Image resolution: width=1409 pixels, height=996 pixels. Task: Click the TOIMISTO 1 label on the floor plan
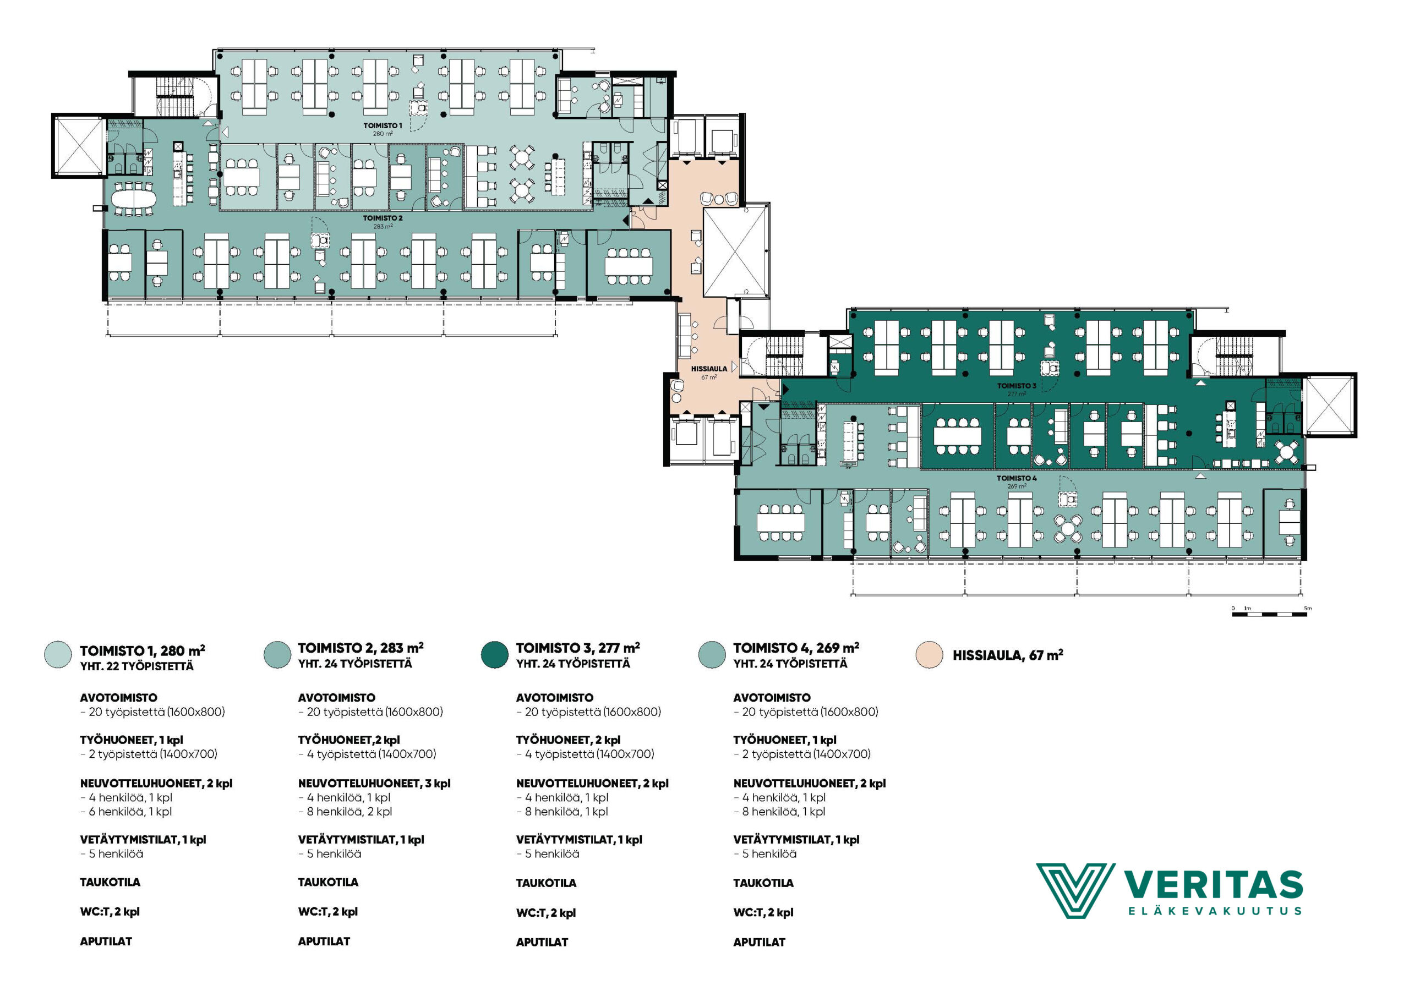[383, 126]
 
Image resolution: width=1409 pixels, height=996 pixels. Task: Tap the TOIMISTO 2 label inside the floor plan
[383, 218]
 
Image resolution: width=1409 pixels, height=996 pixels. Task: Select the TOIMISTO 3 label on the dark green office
[1016, 386]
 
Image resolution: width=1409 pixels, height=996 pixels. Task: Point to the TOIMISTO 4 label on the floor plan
[1016, 478]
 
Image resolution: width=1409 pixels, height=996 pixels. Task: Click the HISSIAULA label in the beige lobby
[709, 369]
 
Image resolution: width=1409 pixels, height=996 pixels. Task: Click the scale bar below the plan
[1269, 614]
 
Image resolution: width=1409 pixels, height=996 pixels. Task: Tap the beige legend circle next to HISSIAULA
[929, 655]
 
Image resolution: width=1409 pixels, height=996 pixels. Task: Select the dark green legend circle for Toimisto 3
[495, 654]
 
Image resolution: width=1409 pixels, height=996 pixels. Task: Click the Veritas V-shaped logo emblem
[1075, 890]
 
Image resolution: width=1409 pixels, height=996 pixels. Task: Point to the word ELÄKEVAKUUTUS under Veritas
[1215, 911]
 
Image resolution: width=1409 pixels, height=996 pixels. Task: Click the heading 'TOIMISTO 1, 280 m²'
[143, 650]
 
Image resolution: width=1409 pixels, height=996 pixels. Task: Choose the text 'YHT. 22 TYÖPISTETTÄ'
[137, 666]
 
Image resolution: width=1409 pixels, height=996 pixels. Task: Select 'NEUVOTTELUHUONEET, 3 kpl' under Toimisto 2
[374, 784]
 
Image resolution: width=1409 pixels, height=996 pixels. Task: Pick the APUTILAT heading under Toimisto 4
[759, 942]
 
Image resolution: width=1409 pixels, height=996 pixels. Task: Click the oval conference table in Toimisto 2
[134, 198]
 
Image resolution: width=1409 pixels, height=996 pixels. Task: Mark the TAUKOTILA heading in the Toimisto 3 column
[546, 883]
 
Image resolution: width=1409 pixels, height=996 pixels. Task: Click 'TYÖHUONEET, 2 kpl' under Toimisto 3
[568, 740]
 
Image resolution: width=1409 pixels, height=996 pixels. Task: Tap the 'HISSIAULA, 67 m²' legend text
[1008, 655]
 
